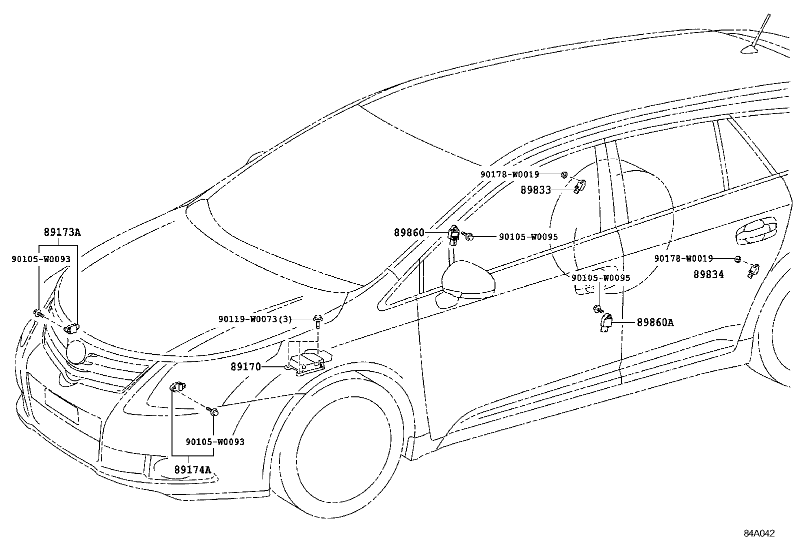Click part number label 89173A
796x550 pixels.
pyautogui.click(x=62, y=232)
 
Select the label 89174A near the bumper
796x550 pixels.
pyautogui.click(x=192, y=469)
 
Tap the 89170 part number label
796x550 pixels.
pyautogui.click(x=245, y=367)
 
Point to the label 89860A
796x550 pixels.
pyautogui.click(x=655, y=323)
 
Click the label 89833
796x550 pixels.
pyautogui.click(x=535, y=190)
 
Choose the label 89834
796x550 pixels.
pyautogui.click(x=708, y=274)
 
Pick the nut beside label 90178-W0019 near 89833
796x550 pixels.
pyautogui.click(x=563, y=175)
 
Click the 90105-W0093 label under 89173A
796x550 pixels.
pyautogui.click(x=41, y=259)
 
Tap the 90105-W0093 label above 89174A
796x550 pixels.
pyautogui.click(x=215, y=442)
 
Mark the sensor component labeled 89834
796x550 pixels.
pyautogui.click(x=752, y=270)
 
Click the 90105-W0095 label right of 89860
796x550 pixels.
pyautogui.click(x=528, y=237)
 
